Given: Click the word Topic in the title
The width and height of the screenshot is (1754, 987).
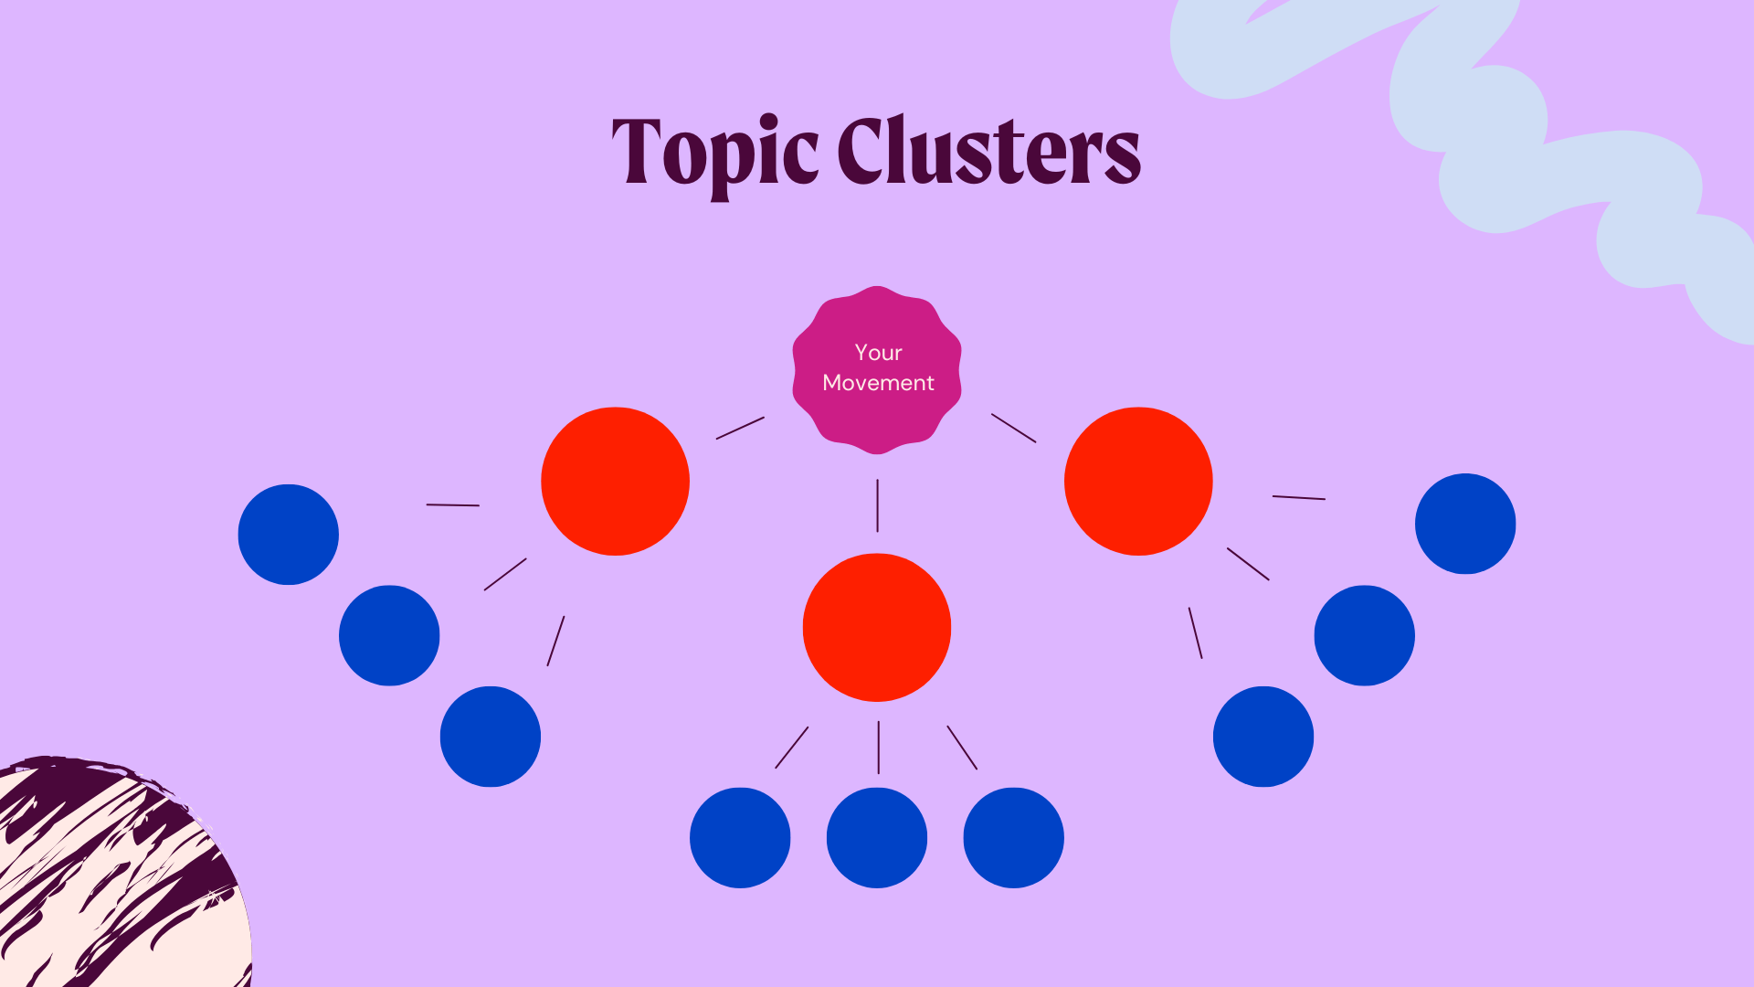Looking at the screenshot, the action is (x=714, y=152).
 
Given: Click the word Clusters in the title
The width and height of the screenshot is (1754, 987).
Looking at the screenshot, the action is (x=988, y=152).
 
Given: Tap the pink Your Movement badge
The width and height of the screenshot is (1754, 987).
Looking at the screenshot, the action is (x=877, y=369).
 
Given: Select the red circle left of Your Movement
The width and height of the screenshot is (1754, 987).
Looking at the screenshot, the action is (x=615, y=481).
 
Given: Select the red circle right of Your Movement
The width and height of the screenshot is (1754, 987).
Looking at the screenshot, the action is (x=1138, y=481).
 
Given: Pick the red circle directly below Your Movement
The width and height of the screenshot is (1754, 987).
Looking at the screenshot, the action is (x=877, y=627).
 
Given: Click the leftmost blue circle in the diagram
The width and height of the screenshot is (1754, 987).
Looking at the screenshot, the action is (x=288, y=535).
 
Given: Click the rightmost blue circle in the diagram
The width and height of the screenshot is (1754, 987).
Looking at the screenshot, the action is (x=1465, y=524).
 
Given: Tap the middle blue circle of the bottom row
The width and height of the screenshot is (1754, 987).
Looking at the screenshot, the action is (x=877, y=837).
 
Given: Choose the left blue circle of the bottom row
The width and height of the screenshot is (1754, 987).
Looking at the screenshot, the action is (x=740, y=837).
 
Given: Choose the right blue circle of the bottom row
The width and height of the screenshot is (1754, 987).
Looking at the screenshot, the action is (x=1013, y=837).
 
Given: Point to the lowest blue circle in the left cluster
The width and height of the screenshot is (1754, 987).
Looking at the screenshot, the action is (x=491, y=737).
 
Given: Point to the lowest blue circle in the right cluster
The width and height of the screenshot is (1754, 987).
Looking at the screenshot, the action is (x=1263, y=737).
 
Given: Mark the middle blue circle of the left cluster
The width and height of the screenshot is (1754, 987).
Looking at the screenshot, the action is (x=389, y=635).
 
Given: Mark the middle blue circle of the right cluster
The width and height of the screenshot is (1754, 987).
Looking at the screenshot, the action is (x=1364, y=635).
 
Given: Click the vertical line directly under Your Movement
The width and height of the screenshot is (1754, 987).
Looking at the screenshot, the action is (x=877, y=505).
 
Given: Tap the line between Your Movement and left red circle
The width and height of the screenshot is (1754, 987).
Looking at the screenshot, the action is (x=740, y=428).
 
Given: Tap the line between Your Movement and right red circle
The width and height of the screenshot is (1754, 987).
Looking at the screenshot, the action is (x=1014, y=428).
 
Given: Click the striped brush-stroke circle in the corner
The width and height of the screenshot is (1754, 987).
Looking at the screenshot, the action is (x=110, y=877).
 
